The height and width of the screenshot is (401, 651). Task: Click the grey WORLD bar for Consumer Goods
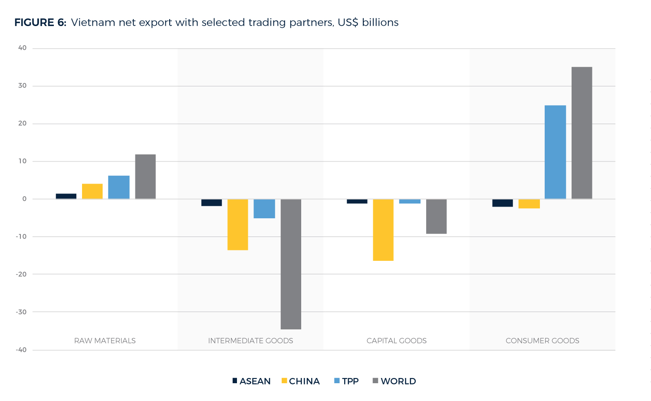[x=582, y=133]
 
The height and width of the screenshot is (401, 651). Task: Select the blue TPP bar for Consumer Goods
[x=555, y=152]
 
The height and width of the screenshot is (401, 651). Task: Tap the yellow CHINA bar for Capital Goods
[x=383, y=230]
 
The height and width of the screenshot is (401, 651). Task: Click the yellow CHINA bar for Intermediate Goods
[x=238, y=224]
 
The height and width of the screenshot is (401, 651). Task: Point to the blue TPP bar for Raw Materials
[x=118, y=187]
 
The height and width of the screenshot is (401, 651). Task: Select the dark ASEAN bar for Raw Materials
[x=66, y=196]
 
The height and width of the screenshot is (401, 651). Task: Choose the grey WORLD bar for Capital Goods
[x=436, y=216]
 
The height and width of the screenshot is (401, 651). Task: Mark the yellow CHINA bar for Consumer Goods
[x=529, y=204]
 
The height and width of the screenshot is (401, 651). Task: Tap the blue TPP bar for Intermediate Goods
[x=264, y=208]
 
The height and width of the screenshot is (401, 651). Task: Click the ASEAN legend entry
[x=252, y=381]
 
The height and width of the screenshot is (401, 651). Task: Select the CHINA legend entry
[x=301, y=381]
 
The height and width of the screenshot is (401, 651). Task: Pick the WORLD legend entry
[x=395, y=381]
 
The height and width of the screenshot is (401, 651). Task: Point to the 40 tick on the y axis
[x=22, y=48]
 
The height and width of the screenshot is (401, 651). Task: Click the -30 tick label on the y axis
[x=21, y=312]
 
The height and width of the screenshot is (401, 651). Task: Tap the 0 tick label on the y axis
[x=24, y=199]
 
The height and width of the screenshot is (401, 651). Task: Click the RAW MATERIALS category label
[x=105, y=341]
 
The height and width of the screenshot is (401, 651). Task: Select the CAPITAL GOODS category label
[x=396, y=341]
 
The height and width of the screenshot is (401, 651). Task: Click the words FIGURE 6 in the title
[x=40, y=23]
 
